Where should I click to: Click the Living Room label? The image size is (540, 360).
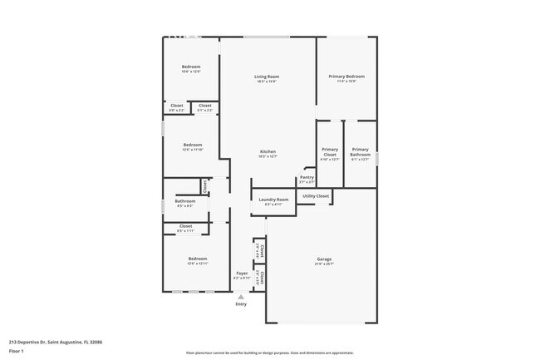click(266, 76)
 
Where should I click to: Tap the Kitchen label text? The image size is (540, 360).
click(268, 151)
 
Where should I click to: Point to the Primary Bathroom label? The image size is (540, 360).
click(361, 152)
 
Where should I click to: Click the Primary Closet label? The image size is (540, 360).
click(330, 152)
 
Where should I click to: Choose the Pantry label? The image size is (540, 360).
click(307, 177)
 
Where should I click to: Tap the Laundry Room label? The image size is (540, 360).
click(273, 200)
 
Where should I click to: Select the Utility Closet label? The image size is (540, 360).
click(315, 196)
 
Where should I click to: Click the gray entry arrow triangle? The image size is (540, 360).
click(241, 296)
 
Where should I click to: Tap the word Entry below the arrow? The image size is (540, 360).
click(241, 304)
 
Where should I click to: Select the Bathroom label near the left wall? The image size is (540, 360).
click(184, 200)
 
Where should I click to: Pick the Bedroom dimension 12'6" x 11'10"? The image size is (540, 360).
click(193, 149)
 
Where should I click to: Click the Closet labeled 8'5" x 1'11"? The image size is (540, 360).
click(185, 229)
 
